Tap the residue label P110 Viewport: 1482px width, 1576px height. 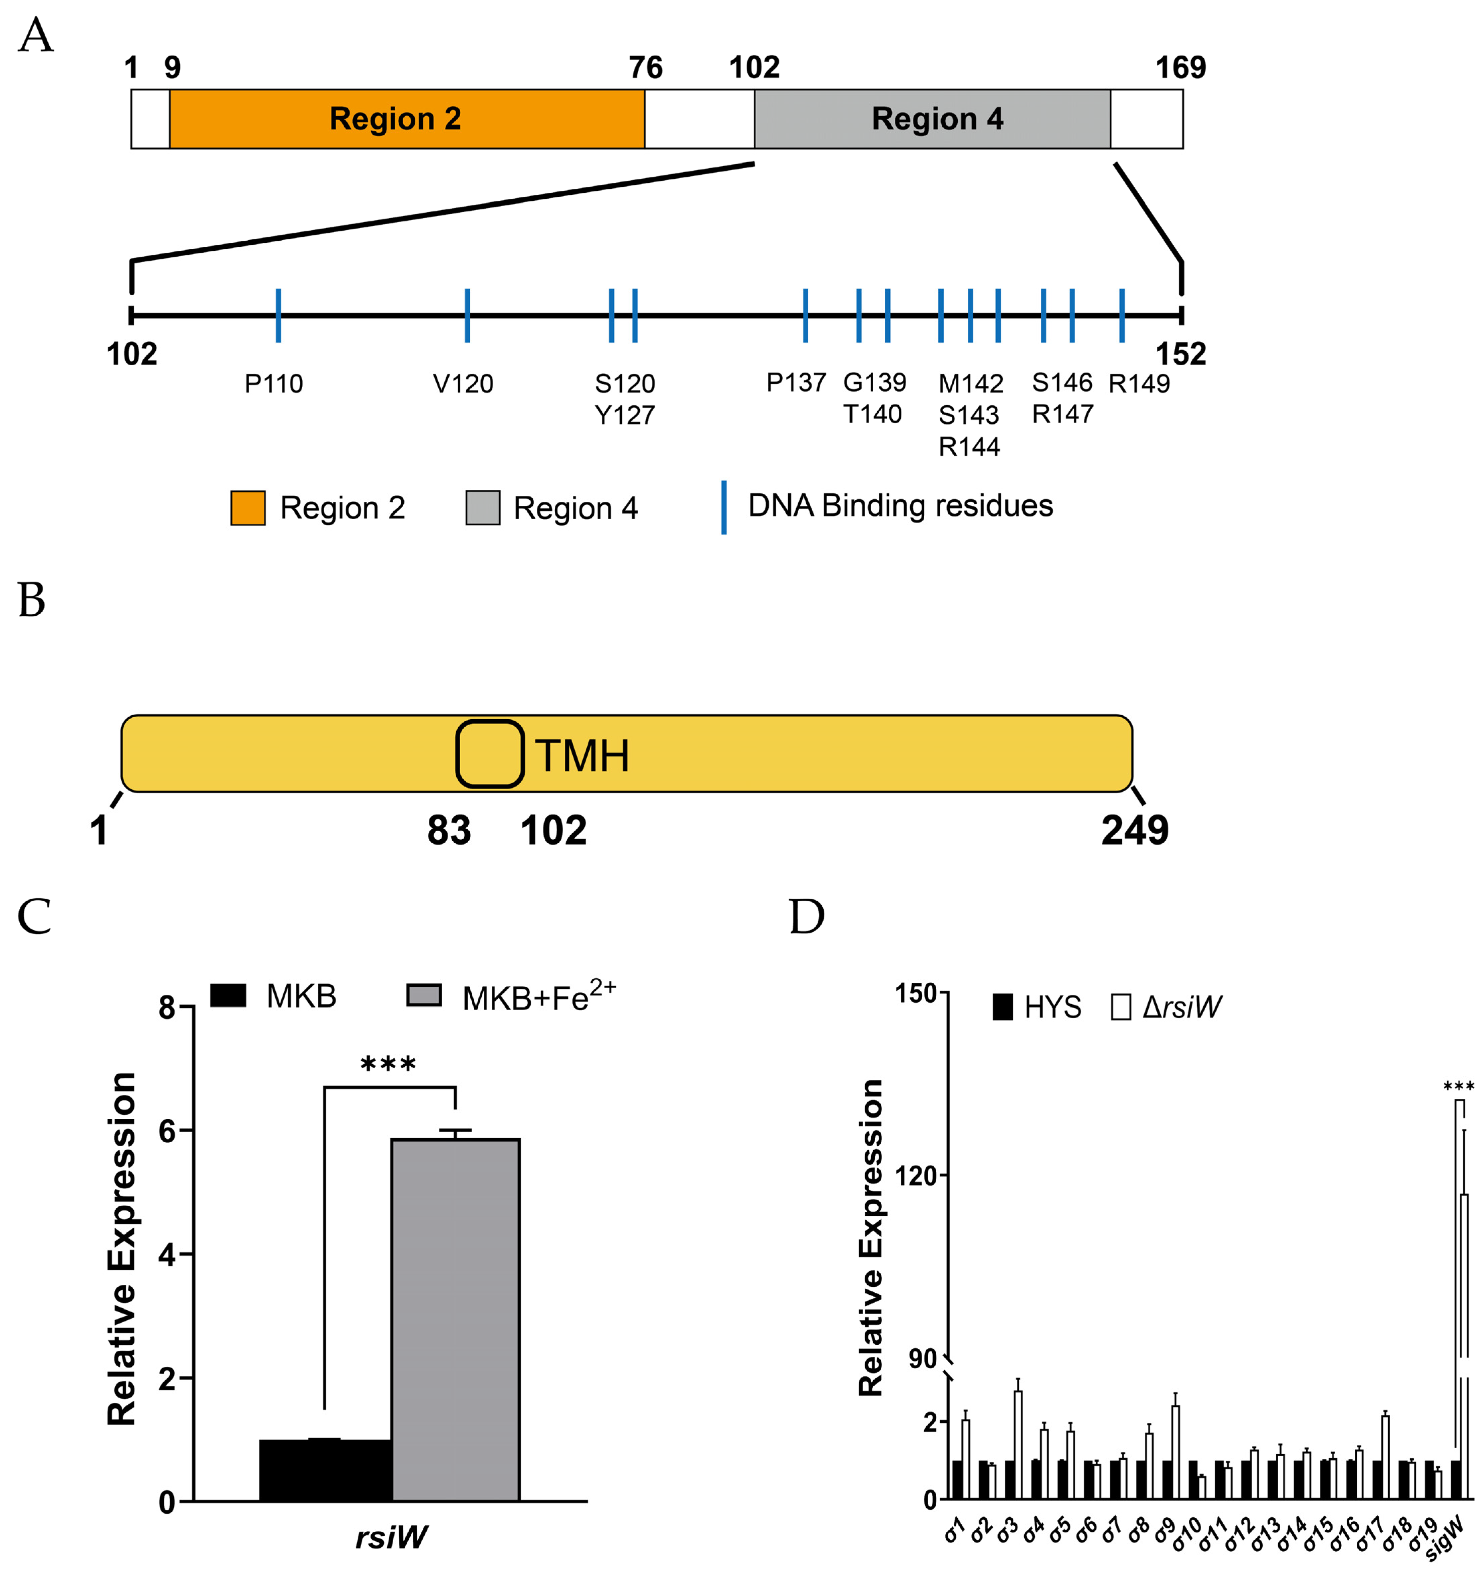[x=273, y=384]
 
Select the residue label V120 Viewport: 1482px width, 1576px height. [x=463, y=384]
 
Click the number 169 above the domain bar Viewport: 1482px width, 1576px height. [x=1180, y=68]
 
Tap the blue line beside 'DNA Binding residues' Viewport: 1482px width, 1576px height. [x=723, y=507]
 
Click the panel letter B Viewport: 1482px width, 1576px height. [x=32, y=601]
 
